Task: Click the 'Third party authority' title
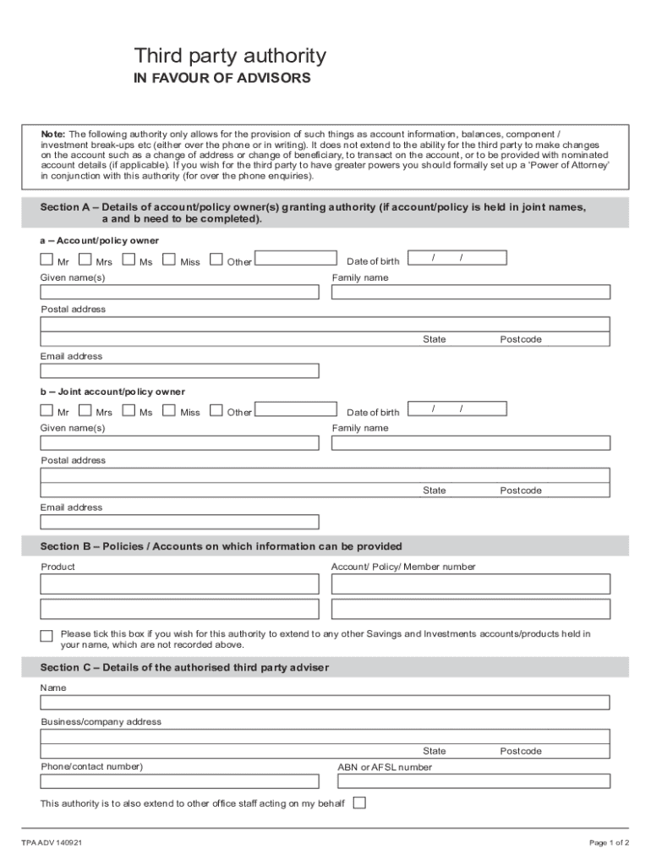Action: (229, 57)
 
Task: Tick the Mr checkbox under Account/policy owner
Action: (46, 260)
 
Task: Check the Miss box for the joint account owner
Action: (169, 410)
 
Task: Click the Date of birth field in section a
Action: (457, 258)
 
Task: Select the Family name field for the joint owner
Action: (470, 442)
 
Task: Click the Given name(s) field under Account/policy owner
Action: (179, 292)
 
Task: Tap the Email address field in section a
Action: (179, 370)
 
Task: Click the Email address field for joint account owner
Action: (179, 522)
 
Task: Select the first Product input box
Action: (179, 584)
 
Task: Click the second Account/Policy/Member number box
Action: (470, 609)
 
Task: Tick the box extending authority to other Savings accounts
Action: (46, 636)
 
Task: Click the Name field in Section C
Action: (325, 703)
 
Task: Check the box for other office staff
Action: (359, 803)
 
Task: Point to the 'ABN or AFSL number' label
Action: (385, 767)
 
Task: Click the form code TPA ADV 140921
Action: (52, 842)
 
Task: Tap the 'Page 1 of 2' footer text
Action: (609, 842)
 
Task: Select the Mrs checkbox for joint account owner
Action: (85, 410)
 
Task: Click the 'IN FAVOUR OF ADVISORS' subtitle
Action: (222, 79)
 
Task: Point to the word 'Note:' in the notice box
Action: (53, 134)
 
